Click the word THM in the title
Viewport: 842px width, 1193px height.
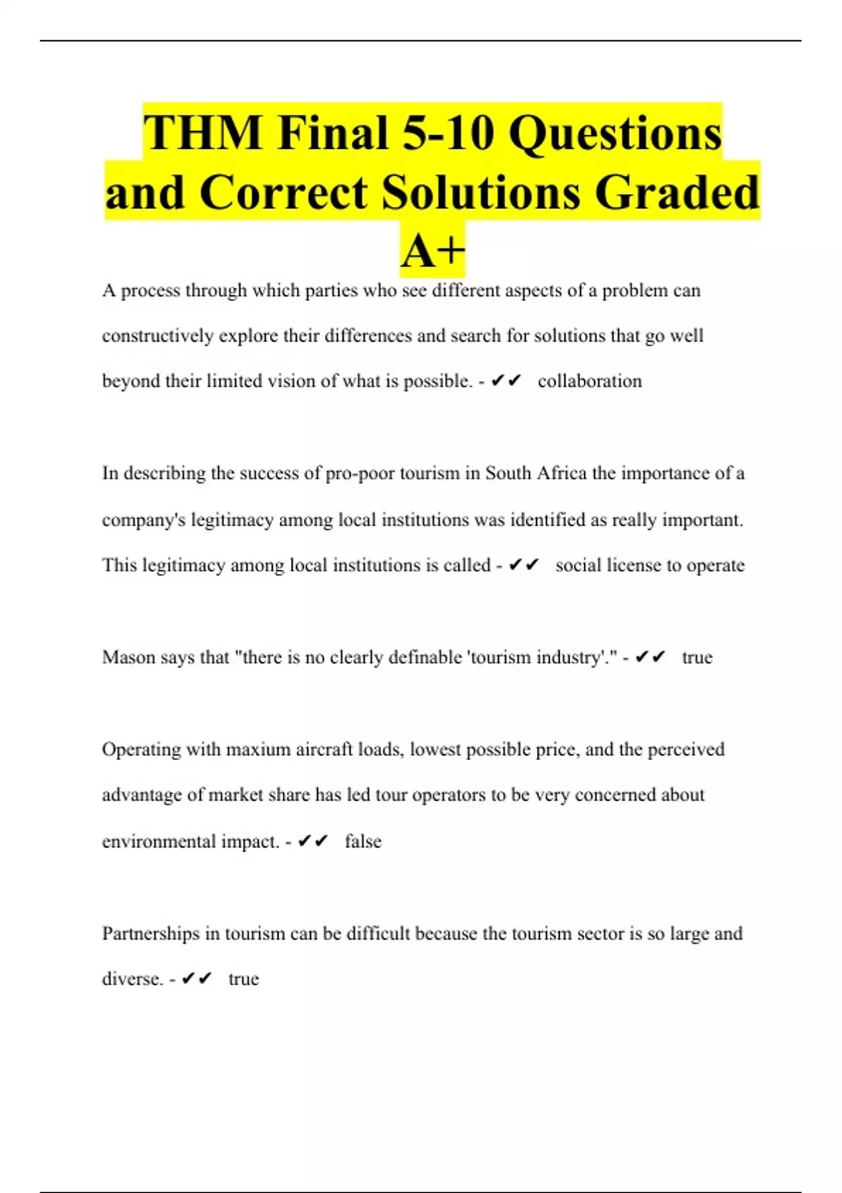click(203, 133)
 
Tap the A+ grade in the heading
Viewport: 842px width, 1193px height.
click(433, 251)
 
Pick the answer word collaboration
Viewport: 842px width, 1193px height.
click(589, 381)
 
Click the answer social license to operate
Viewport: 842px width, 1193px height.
click(650, 566)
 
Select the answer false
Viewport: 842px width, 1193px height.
click(363, 841)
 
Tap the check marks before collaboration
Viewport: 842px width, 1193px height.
click(506, 381)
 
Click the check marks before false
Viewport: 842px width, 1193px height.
click(312, 841)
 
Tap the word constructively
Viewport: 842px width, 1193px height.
click(158, 336)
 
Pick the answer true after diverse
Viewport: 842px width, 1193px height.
click(243, 979)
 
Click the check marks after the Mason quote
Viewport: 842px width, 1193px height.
click(650, 658)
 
